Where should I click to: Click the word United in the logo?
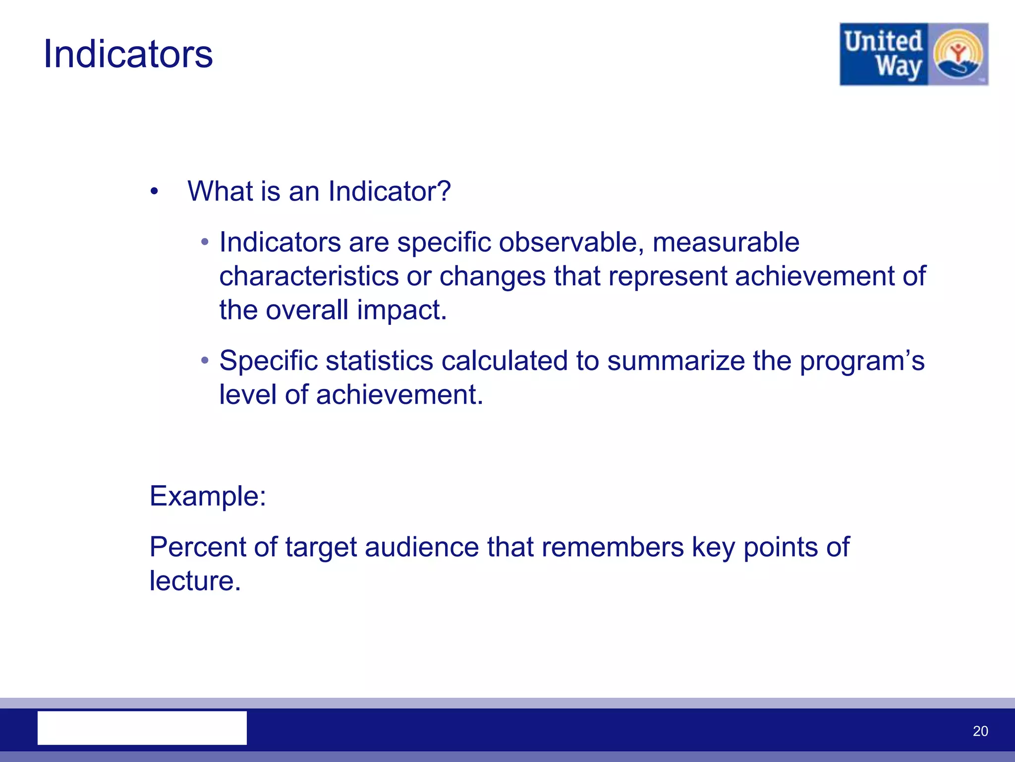coord(883,41)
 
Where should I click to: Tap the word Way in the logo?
coord(898,66)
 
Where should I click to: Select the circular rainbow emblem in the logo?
coord(958,55)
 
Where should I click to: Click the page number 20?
coord(980,731)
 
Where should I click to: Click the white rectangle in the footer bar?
coord(142,727)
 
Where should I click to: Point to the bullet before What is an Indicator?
coord(154,192)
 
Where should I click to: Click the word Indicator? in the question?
coord(389,191)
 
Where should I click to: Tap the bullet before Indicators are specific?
coord(205,243)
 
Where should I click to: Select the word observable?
coord(571,243)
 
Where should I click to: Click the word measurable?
coord(726,243)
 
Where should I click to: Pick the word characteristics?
coord(309,276)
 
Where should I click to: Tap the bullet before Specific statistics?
coord(205,361)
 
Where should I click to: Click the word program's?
coord(862,361)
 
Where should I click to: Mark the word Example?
coord(208,496)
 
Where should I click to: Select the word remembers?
coord(613,547)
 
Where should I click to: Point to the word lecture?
coord(195,581)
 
